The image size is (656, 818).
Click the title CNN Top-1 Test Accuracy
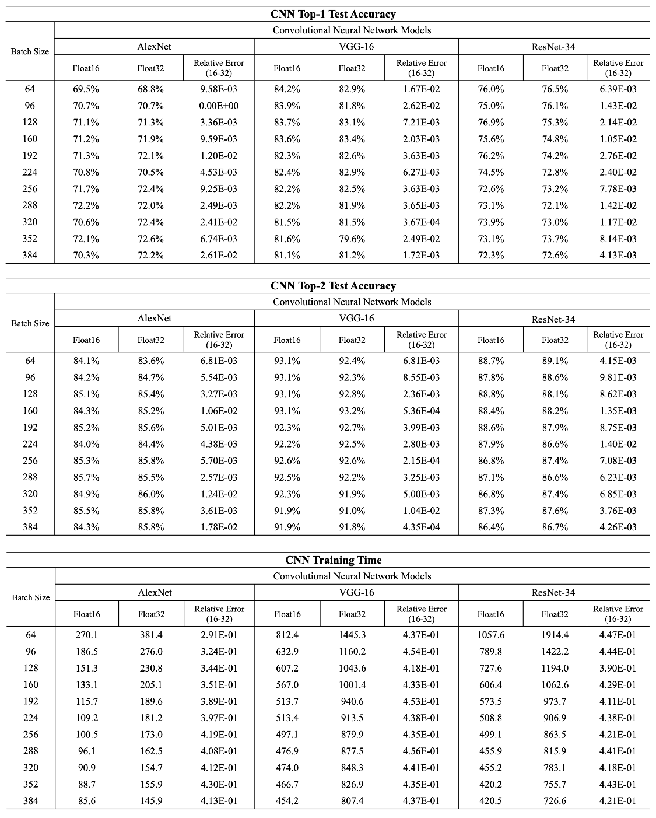[333, 14]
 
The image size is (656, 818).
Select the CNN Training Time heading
[333, 560]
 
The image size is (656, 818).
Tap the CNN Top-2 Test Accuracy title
[333, 286]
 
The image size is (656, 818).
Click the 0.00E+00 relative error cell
[219, 106]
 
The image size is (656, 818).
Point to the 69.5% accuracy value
[86, 89]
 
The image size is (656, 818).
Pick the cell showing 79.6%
[352, 239]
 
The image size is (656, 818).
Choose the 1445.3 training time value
[352, 635]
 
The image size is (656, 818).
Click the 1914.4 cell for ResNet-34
[555, 635]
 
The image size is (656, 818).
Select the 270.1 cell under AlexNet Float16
[86, 635]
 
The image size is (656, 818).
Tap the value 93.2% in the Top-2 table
[352, 411]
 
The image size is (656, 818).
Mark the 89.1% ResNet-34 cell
[555, 361]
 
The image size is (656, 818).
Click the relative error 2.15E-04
[421, 460]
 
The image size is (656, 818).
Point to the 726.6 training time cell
[555, 801]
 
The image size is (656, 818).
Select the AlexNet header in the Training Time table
[155, 592]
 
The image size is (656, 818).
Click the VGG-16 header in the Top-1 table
[356, 47]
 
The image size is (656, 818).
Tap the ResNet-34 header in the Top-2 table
[553, 319]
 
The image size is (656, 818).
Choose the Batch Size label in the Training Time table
[31, 597]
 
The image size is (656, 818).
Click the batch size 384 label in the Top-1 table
[30, 255]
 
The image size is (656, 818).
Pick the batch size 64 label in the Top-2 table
[30, 361]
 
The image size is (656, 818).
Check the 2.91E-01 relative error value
[219, 635]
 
